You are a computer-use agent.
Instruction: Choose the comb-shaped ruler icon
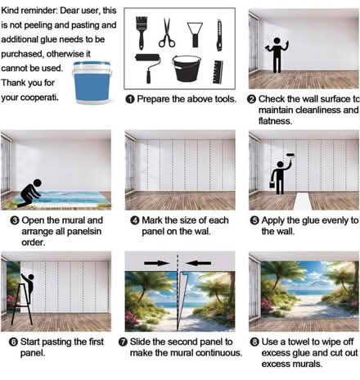pos(216,69)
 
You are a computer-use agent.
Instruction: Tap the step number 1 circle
pos(129,99)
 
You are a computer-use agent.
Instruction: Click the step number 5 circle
pos(253,220)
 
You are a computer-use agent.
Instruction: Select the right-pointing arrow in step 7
pos(155,264)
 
